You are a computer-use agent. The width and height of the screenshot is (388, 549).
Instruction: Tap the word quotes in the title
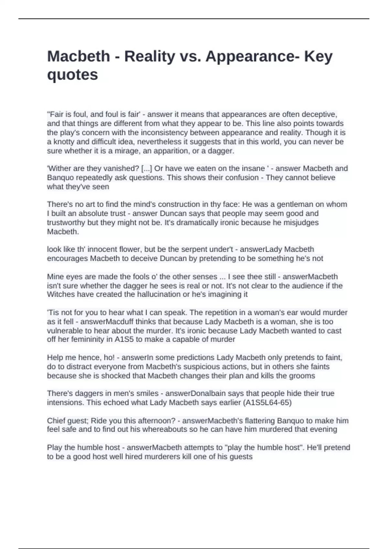[x=72, y=75]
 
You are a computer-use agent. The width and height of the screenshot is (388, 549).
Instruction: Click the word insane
[x=252, y=169]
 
